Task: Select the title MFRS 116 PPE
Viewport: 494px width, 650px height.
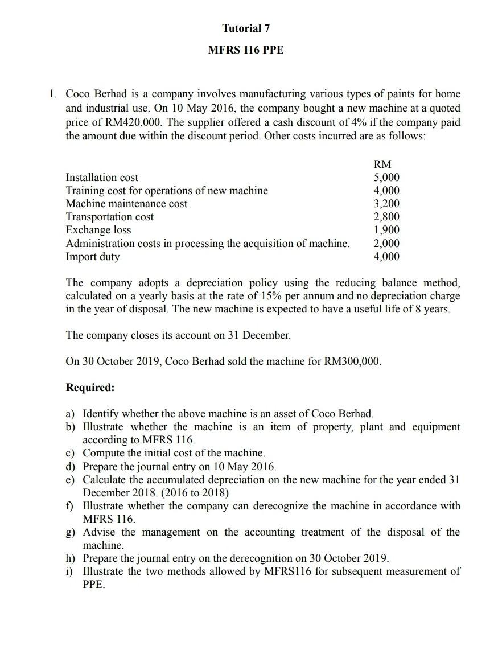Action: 246,50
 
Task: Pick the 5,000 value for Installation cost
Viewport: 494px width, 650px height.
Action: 386,177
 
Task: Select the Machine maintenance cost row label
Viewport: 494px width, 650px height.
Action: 126,203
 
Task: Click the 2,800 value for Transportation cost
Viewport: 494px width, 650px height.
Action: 386,216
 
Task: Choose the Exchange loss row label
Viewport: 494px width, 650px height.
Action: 98,230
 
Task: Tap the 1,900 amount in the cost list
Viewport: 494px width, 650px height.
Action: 386,230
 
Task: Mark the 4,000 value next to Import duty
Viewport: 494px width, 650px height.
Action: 386,256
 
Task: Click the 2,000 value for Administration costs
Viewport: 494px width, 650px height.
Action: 386,243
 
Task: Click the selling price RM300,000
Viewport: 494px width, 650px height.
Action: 352,361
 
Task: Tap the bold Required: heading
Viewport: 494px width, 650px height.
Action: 90,388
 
